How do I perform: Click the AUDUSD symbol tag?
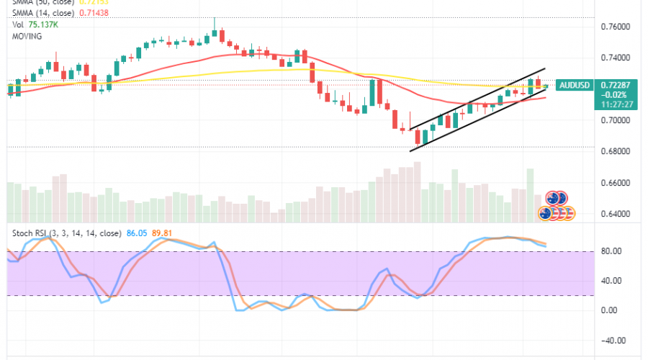(x=575, y=85)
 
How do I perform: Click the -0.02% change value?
(x=611, y=94)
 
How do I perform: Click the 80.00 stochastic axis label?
(x=612, y=251)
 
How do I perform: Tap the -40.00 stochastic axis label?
(x=611, y=341)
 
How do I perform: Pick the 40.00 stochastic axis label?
(x=612, y=281)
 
